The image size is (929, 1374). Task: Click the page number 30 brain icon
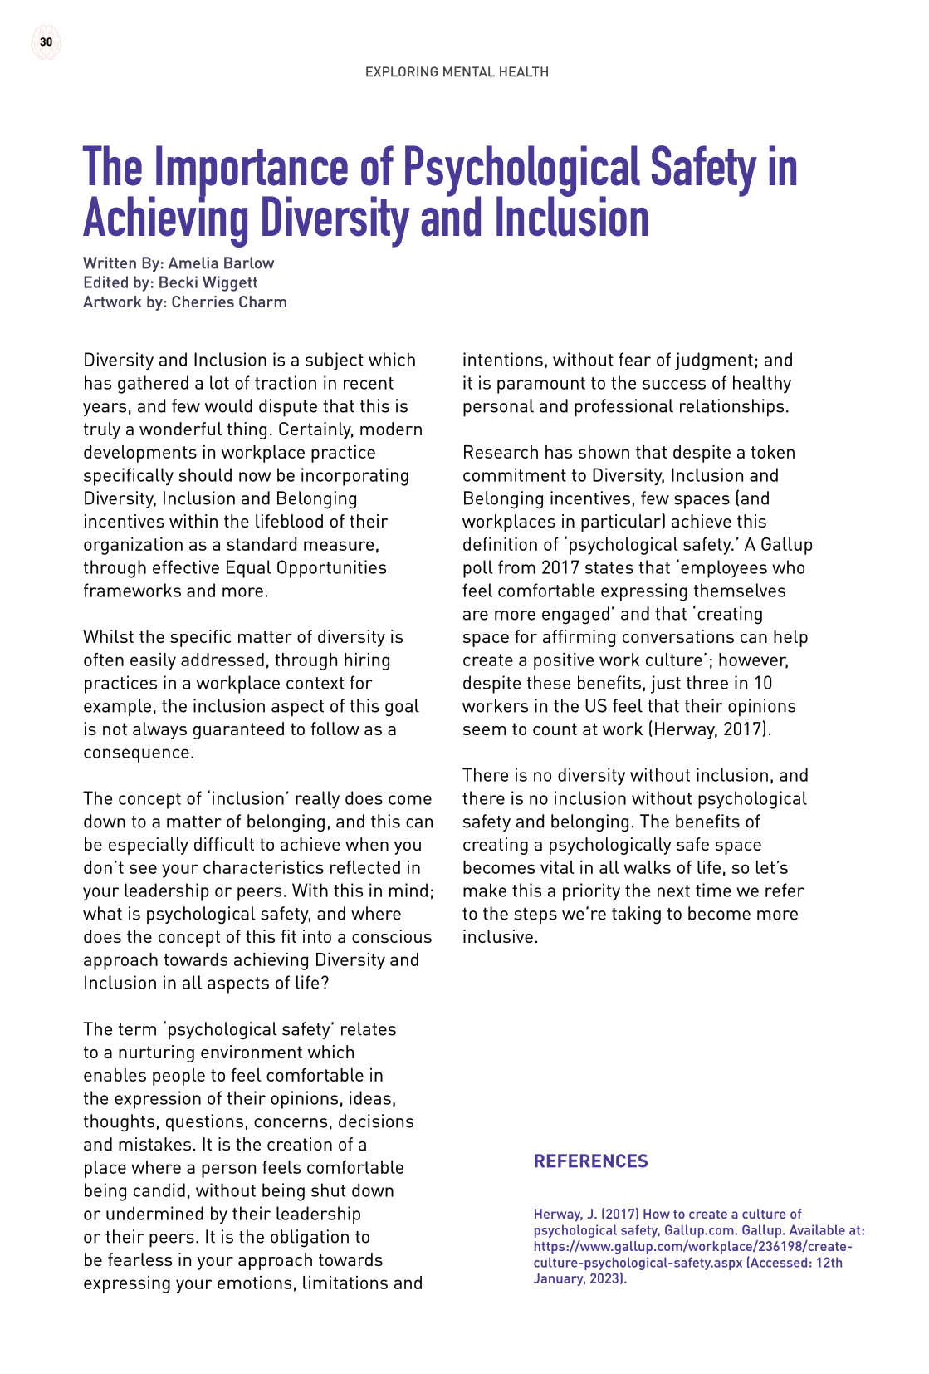(x=46, y=42)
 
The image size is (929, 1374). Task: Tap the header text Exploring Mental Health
(x=457, y=72)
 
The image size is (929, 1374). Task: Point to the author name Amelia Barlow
(x=221, y=263)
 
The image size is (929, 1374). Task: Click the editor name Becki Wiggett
(x=208, y=282)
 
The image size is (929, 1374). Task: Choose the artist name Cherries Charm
(x=229, y=302)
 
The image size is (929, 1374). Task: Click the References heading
(x=590, y=1161)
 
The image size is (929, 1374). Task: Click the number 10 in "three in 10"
(x=762, y=684)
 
